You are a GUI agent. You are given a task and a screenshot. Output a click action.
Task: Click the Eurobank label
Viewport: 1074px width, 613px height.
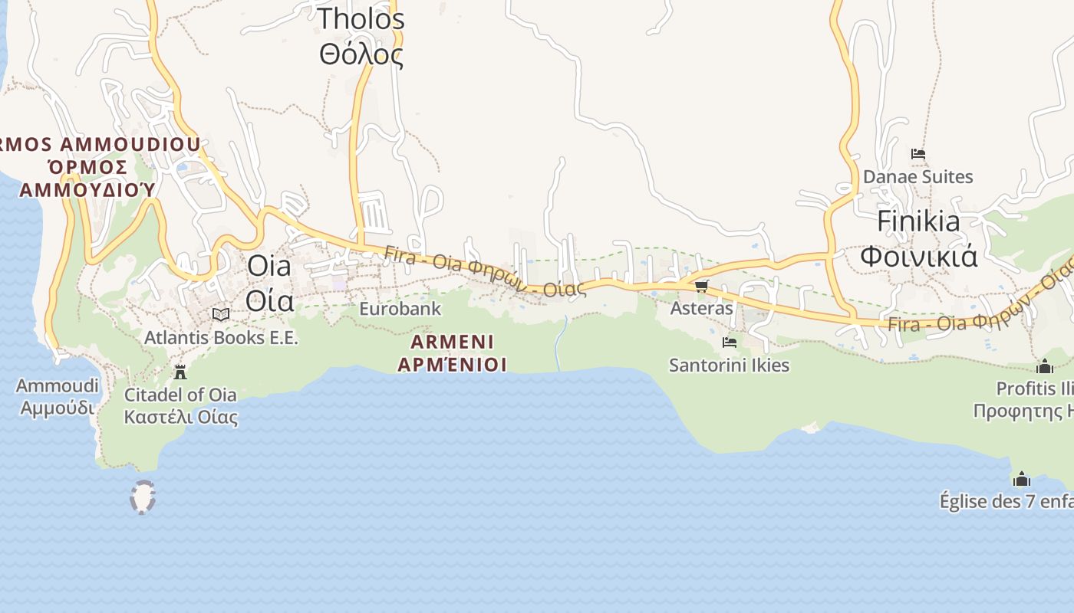(x=400, y=309)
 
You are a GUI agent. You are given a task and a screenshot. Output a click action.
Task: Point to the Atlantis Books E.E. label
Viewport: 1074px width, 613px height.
(x=221, y=337)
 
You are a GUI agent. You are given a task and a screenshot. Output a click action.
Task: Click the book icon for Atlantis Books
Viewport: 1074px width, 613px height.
(x=221, y=314)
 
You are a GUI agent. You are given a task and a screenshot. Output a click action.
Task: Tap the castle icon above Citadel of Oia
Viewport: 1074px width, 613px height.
(x=180, y=372)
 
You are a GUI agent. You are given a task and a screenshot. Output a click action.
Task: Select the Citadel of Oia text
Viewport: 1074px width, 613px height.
(x=180, y=395)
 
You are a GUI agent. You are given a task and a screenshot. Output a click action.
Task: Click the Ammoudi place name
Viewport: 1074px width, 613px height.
(x=58, y=385)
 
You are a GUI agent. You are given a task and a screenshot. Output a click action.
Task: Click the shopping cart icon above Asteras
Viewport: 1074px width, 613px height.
(x=701, y=287)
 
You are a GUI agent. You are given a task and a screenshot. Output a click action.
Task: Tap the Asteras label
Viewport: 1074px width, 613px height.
(x=701, y=308)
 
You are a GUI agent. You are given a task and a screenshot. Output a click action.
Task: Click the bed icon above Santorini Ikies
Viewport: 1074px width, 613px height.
(x=729, y=343)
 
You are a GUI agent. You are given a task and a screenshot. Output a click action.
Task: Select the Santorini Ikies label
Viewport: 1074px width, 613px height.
(x=729, y=365)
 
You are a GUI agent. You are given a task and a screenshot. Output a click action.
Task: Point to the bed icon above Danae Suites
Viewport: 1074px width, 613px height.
(x=918, y=154)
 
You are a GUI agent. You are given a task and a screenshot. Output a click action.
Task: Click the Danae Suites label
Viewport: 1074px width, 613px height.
(x=918, y=177)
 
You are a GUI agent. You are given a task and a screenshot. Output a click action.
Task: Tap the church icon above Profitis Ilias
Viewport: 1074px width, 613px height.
(x=1044, y=366)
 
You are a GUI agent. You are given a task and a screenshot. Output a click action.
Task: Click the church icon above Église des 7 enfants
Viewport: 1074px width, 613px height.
(x=1021, y=480)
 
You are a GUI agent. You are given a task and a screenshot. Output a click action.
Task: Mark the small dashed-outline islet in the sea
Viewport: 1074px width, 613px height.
(x=143, y=497)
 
